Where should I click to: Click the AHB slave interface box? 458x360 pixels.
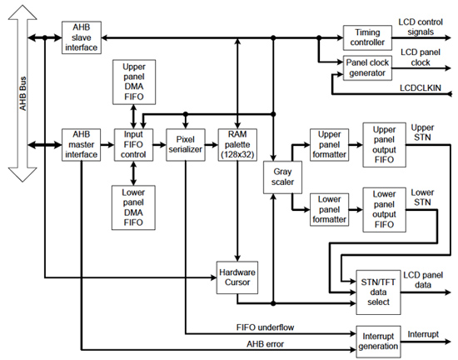[x=82, y=37]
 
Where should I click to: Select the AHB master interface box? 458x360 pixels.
[x=82, y=142]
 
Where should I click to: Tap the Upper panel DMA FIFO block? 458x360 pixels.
[x=134, y=82]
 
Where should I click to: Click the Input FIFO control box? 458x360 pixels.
[x=134, y=142]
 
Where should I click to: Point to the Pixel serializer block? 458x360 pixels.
[x=185, y=142]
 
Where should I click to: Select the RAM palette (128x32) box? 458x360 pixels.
[x=239, y=142]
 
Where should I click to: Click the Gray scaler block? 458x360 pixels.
[x=278, y=177]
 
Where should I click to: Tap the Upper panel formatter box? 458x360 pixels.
[x=331, y=142]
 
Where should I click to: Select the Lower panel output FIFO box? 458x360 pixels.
[x=383, y=209]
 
